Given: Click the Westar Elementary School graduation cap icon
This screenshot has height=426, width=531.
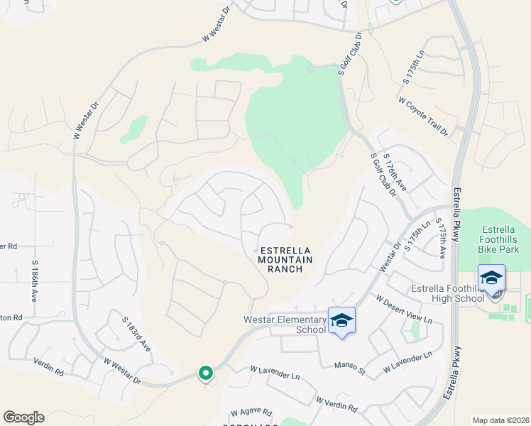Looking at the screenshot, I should click(x=341, y=320).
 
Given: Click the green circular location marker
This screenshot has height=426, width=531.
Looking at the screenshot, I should click(x=206, y=373).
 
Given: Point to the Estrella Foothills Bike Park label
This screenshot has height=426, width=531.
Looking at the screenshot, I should click(x=505, y=239).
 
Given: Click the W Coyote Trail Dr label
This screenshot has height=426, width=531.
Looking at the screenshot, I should click(x=424, y=116).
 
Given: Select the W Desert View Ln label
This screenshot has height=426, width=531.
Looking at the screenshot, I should click(x=404, y=310).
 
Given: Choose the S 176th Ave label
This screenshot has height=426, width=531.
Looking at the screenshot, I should click(x=394, y=171).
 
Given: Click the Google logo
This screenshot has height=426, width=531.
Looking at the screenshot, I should click(x=23, y=417).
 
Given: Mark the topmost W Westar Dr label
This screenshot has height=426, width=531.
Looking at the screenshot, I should click(x=217, y=26).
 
